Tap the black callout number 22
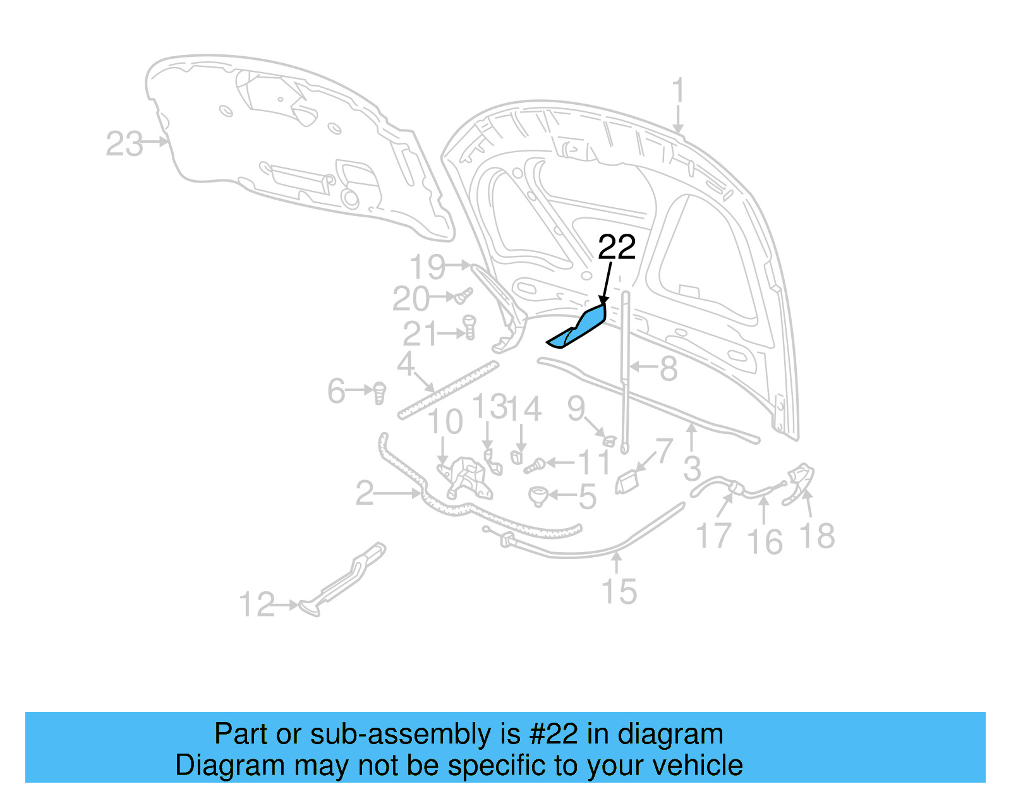click(x=616, y=248)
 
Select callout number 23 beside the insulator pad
click(x=124, y=144)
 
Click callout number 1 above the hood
click(x=678, y=92)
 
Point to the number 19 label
click(x=427, y=267)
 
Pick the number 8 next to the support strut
click(x=668, y=369)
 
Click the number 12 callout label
click(x=257, y=605)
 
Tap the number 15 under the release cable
click(x=619, y=593)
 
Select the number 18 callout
click(x=817, y=536)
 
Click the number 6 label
click(x=336, y=391)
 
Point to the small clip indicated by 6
click(x=379, y=392)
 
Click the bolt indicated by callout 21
click(x=469, y=327)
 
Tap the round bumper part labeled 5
click(x=538, y=495)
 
